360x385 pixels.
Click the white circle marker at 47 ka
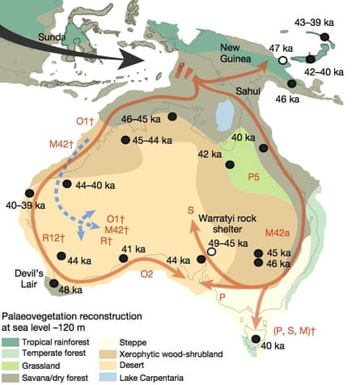pos(282,61)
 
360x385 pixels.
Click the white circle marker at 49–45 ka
pos(212,252)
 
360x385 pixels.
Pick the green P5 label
pos(254,175)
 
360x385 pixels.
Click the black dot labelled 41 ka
pos(124,259)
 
